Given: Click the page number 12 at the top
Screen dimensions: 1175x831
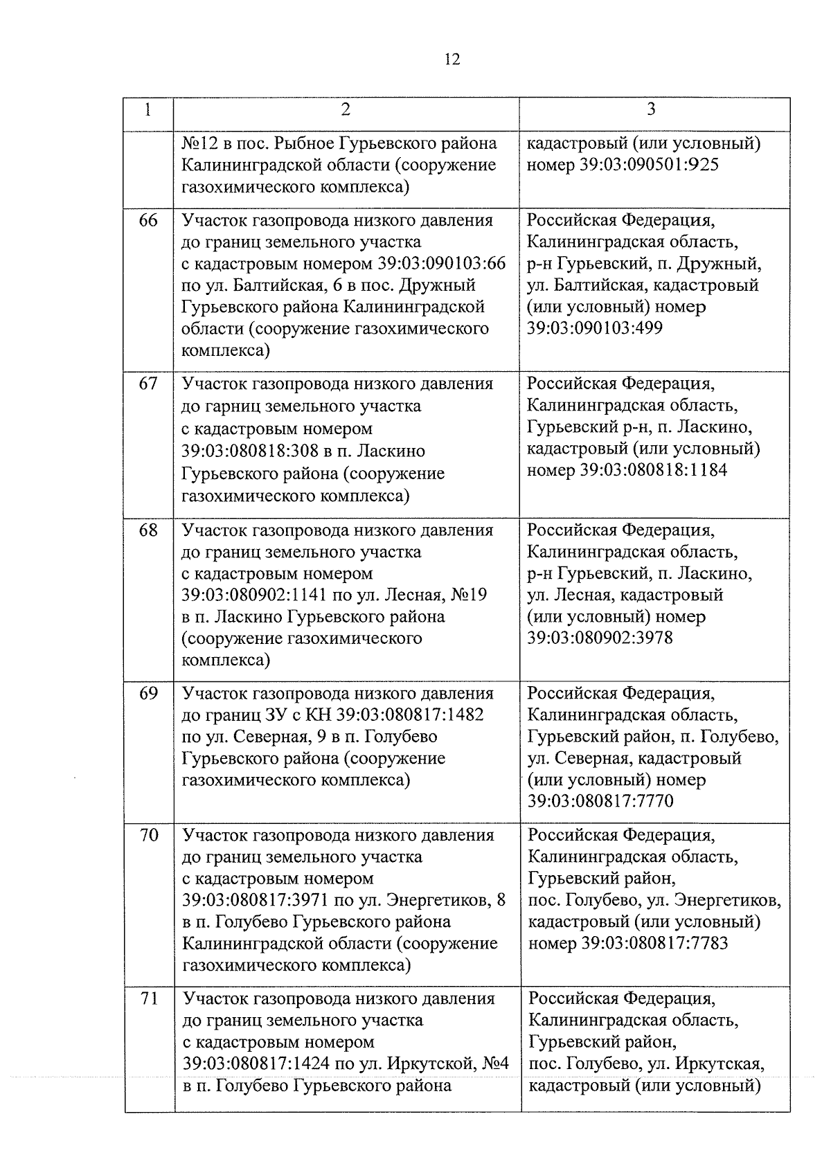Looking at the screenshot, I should (x=452, y=60).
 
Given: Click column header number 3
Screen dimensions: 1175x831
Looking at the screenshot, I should (x=651, y=109).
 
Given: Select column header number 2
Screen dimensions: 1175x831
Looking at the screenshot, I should (x=346, y=109).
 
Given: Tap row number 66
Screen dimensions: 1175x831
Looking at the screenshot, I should (x=148, y=221).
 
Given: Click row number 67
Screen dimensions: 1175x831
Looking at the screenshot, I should (x=148, y=384).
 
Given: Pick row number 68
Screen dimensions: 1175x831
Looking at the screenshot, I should (x=148, y=530).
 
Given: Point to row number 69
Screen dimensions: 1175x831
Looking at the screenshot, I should (x=148, y=694).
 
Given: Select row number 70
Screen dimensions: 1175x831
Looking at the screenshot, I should (x=148, y=836).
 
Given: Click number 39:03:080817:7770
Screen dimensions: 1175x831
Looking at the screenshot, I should (x=600, y=802).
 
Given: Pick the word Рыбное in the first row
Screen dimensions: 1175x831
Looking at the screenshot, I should (x=304, y=144).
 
